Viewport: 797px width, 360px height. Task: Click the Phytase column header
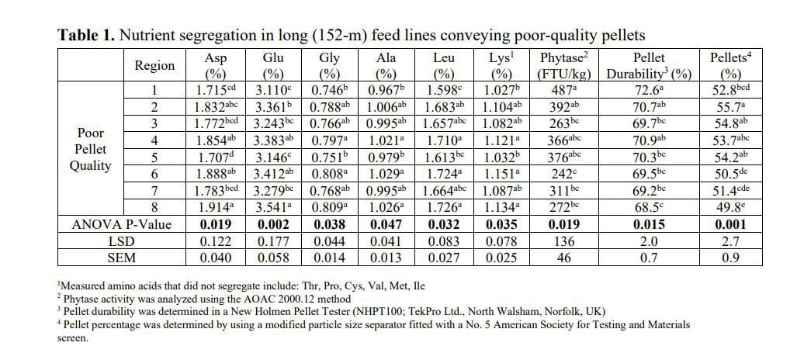coord(563,66)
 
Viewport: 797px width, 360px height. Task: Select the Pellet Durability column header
coord(649,66)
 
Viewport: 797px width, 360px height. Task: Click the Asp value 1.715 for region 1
coord(215,91)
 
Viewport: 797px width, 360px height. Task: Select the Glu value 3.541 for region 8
coord(273,207)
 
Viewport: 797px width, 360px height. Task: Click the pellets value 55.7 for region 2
coord(730,107)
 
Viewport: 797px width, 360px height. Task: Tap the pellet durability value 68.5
coord(649,207)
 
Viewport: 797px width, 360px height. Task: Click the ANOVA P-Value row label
coord(122,224)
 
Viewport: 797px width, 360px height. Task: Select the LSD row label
coord(122,241)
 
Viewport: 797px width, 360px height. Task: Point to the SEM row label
coord(122,258)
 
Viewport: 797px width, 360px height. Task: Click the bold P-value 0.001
coord(730,224)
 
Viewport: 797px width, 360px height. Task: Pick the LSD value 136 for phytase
coord(563,241)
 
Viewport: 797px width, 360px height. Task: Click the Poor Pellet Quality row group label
coord(91,149)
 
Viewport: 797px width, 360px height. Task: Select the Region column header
coord(154,66)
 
